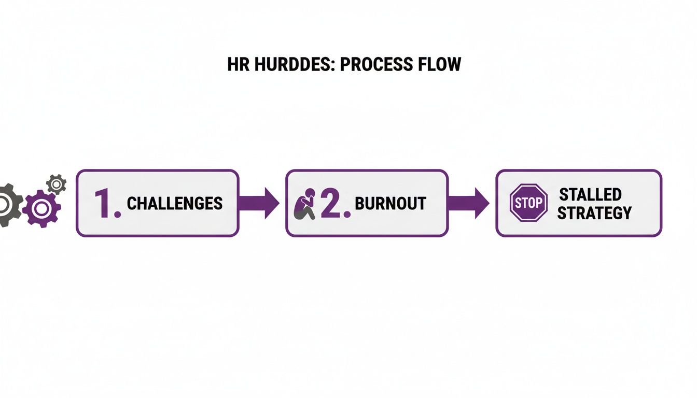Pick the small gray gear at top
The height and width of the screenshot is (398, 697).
pyautogui.click(x=57, y=184)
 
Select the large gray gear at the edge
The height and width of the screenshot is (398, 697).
pyautogui.click(x=8, y=205)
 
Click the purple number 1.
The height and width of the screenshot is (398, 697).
pyautogui.click(x=107, y=203)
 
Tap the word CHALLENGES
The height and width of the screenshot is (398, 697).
pyautogui.click(x=175, y=203)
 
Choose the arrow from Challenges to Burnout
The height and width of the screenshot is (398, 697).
pyautogui.click(x=259, y=203)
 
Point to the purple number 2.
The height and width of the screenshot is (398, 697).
pyautogui.click(x=335, y=203)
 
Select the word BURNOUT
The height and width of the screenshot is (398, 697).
pyautogui.click(x=391, y=203)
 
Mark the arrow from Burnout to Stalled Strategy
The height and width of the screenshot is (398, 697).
pyautogui.click(x=468, y=203)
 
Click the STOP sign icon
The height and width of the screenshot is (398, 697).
pyautogui.click(x=528, y=203)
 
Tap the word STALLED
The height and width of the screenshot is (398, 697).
pyautogui.click(x=590, y=195)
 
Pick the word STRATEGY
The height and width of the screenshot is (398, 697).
pyautogui.click(x=594, y=212)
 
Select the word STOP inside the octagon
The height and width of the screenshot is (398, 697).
pyautogui.click(x=528, y=203)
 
